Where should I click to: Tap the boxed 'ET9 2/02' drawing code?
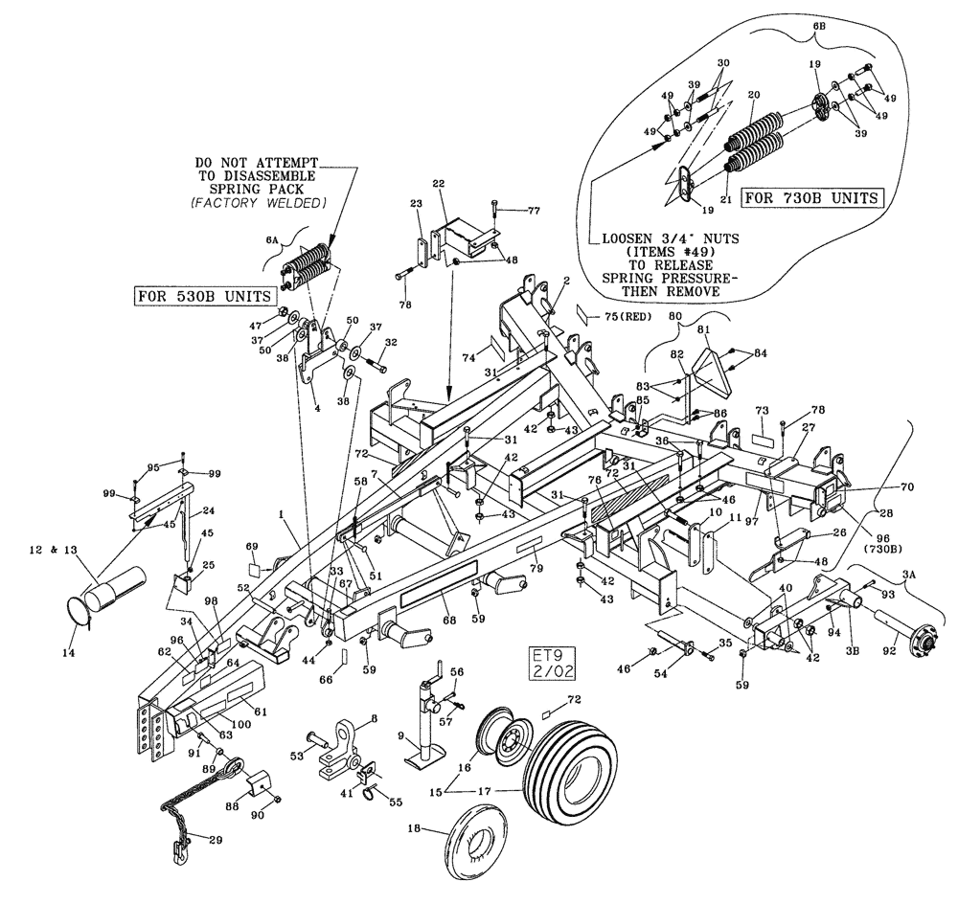(553, 663)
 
